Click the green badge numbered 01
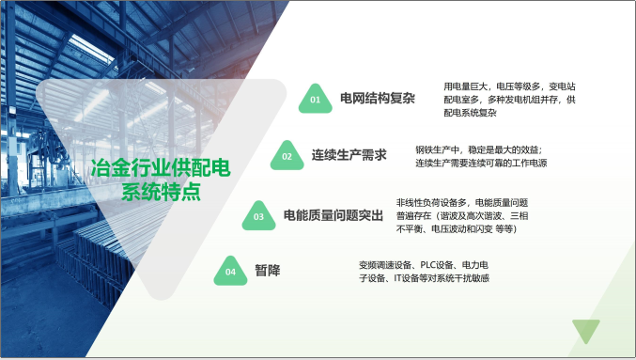(316, 98)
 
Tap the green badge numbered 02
(287, 156)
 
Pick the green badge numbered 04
(230, 273)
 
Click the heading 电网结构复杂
(371, 97)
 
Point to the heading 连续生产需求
(349, 155)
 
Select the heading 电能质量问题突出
(334, 215)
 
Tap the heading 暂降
(267, 272)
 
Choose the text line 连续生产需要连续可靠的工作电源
(481, 163)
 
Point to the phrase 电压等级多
(511, 86)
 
